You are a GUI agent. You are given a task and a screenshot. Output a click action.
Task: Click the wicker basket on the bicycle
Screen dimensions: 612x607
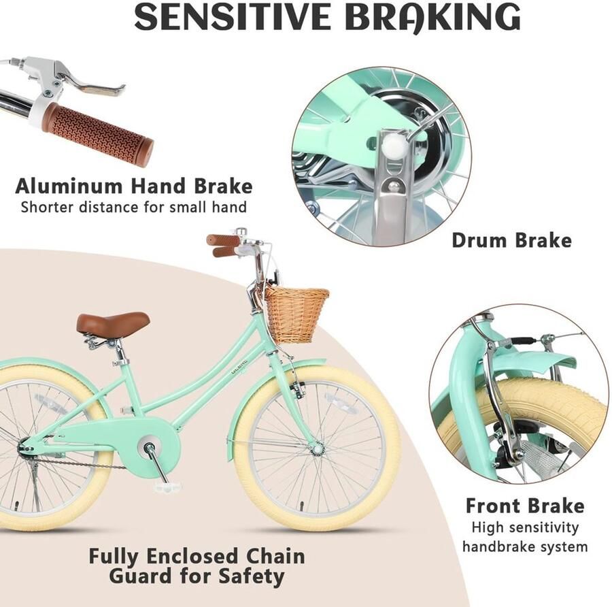pyautogui.click(x=296, y=315)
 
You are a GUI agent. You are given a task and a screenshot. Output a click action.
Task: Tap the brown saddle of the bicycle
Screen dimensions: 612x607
pyautogui.click(x=113, y=323)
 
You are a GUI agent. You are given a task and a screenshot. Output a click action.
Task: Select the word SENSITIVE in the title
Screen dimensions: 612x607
pyautogui.click(x=233, y=17)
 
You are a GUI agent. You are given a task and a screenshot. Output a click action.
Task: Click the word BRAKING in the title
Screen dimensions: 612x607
pyautogui.click(x=432, y=17)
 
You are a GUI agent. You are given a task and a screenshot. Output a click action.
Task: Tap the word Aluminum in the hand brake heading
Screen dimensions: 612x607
pyautogui.click(x=69, y=186)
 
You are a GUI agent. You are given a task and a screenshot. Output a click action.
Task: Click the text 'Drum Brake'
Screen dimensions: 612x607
pyautogui.click(x=511, y=240)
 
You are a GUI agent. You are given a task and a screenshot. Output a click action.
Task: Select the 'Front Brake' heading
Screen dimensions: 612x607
pyautogui.click(x=525, y=506)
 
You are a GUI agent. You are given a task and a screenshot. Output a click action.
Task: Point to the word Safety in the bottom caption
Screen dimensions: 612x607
pyautogui.click(x=252, y=576)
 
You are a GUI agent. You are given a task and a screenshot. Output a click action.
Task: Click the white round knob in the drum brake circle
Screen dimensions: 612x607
pyautogui.click(x=391, y=146)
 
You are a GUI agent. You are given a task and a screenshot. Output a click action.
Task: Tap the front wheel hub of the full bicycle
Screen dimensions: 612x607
pyautogui.click(x=317, y=448)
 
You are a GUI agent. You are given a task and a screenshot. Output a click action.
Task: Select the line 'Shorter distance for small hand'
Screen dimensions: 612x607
pyautogui.click(x=133, y=207)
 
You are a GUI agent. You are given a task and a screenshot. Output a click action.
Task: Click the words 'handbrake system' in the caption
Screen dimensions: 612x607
pyautogui.click(x=525, y=546)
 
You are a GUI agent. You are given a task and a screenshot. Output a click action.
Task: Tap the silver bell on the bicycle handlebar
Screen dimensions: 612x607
pyautogui.click(x=241, y=231)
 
